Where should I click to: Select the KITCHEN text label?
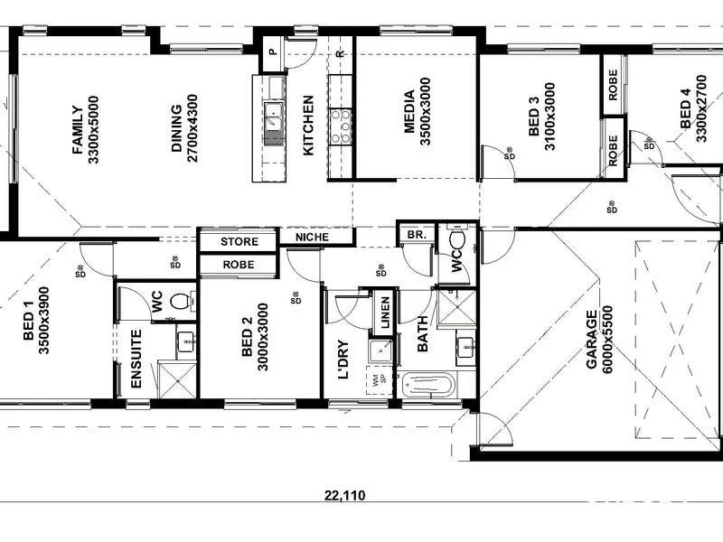point(308,126)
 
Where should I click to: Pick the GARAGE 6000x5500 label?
point(599,341)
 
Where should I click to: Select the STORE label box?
point(239,242)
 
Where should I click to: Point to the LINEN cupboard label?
point(384,312)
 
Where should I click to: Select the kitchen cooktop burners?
point(342,126)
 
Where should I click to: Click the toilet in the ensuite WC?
point(180,302)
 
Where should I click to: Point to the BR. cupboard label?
point(417,234)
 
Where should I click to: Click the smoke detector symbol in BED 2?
point(296,298)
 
